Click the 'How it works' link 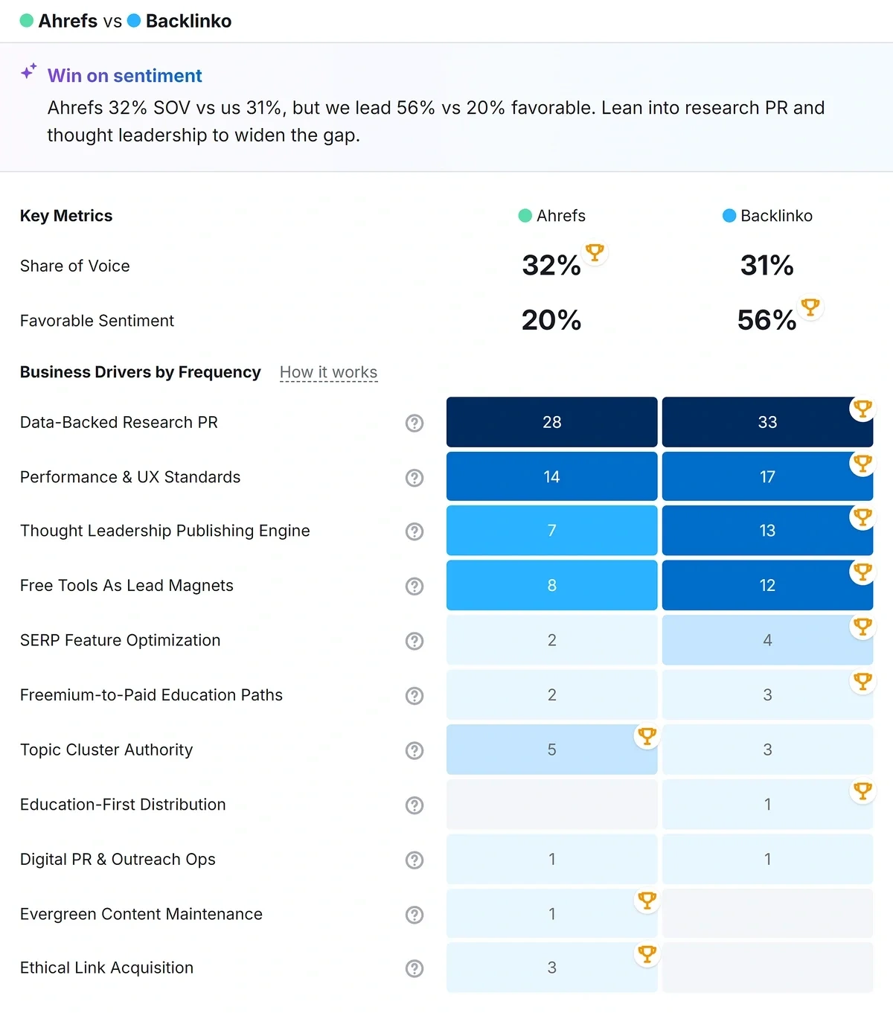pyautogui.click(x=328, y=372)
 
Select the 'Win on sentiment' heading pyautogui.click(x=124, y=76)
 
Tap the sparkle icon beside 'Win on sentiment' pyautogui.click(x=28, y=72)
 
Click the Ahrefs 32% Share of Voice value pyautogui.click(x=551, y=266)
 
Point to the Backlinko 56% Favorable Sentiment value pyautogui.click(x=766, y=320)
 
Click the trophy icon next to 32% pyautogui.click(x=595, y=252)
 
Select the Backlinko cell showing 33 pyautogui.click(x=766, y=422)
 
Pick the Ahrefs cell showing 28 pyautogui.click(x=551, y=422)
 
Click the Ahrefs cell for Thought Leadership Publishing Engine pyautogui.click(x=551, y=531)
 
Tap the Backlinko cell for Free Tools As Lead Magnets pyautogui.click(x=766, y=586)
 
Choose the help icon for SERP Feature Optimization pyautogui.click(x=415, y=641)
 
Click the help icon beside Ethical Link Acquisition pyautogui.click(x=415, y=968)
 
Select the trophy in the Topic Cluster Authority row pyautogui.click(x=647, y=736)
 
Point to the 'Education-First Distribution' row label pyautogui.click(x=123, y=805)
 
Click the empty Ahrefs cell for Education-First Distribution pyautogui.click(x=551, y=805)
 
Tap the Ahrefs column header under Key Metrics pyautogui.click(x=552, y=216)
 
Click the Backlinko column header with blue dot pyautogui.click(x=767, y=216)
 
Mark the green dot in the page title pyautogui.click(x=27, y=21)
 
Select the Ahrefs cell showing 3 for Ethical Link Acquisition pyautogui.click(x=551, y=968)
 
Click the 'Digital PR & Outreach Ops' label pyautogui.click(x=118, y=860)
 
